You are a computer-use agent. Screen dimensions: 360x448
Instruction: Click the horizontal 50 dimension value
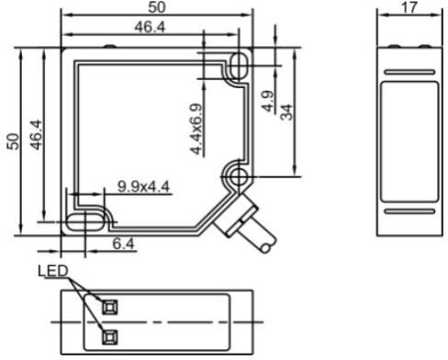pyautogui.click(x=155, y=7)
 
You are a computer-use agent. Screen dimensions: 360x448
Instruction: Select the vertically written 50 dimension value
pyautogui.click(x=12, y=141)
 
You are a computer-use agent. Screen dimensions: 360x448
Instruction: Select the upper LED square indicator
pyautogui.click(x=110, y=305)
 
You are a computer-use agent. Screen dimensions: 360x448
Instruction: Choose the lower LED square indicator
pyautogui.click(x=110, y=334)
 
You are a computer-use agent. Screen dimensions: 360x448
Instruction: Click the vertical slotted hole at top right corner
pyautogui.click(x=239, y=66)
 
